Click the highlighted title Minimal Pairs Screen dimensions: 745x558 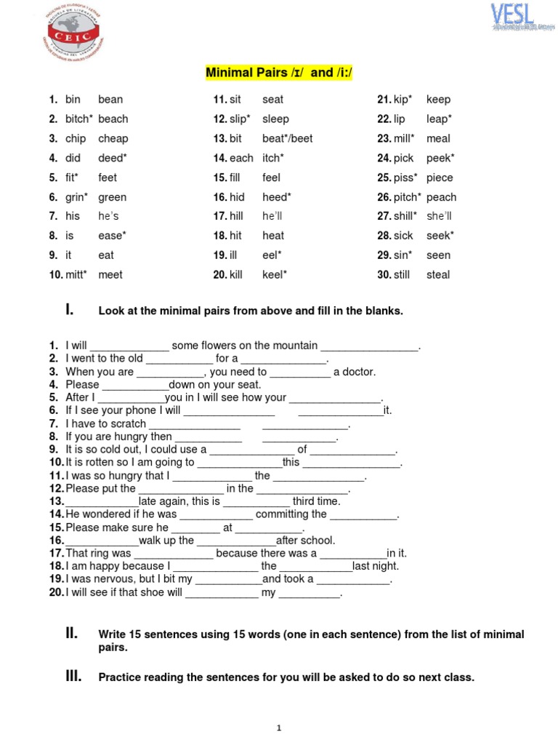pyautogui.click(x=279, y=73)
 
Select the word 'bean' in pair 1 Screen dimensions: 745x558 pyautogui.click(x=110, y=100)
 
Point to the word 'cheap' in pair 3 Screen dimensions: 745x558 pyautogui.click(x=113, y=138)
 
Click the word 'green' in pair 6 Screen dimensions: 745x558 pyautogui.click(x=112, y=197)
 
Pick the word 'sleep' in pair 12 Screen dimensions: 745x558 pyautogui.click(x=275, y=119)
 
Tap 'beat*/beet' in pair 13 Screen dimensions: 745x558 pyautogui.click(x=287, y=138)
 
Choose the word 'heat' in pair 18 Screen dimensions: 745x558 pyautogui.click(x=273, y=236)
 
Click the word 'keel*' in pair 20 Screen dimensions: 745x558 pyautogui.click(x=275, y=275)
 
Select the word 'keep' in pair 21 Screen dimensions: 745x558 pyautogui.click(x=438, y=100)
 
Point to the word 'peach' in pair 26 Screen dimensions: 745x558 pyautogui.click(x=441, y=197)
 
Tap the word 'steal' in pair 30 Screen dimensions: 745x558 pyautogui.click(x=438, y=275)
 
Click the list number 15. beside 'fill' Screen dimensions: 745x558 pyautogui.click(x=220, y=178)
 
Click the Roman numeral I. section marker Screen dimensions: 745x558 pyautogui.click(x=70, y=311)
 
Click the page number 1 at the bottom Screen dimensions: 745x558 pyautogui.click(x=279, y=728)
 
